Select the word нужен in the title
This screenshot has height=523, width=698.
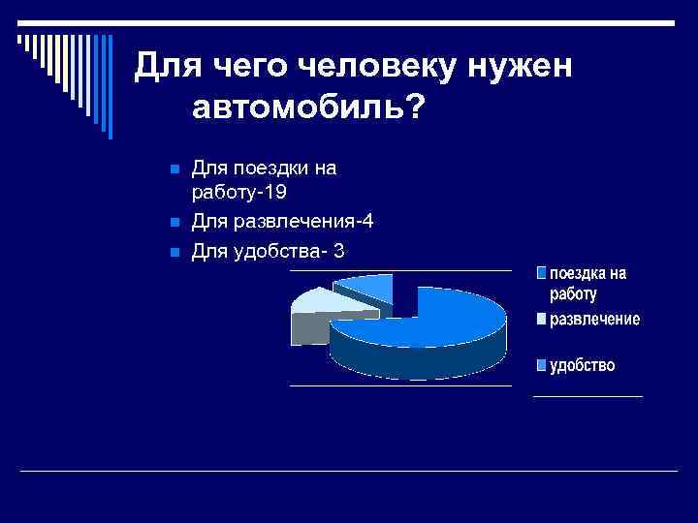pos(523,65)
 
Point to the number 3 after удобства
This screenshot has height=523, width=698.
pos(337,252)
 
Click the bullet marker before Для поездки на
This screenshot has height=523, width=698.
pos(174,169)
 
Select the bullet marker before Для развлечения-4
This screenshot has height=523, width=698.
pos(174,224)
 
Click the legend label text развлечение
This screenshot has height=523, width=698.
pos(595,320)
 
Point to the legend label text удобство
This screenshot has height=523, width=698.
pos(583,365)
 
